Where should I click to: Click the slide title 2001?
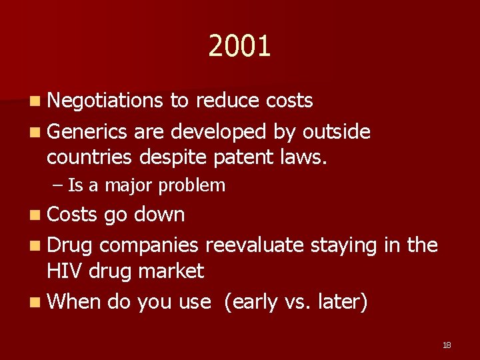pos(239,47)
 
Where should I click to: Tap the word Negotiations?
pos(105,101)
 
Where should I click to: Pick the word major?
pos(130,185)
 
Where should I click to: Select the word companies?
pos(149,245)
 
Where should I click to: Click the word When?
pos(73,302)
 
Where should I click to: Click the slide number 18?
pos(447,345)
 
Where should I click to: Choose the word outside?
pos(336,131)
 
